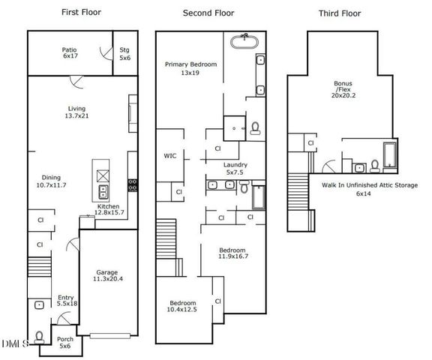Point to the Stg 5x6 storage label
tap(124, 53)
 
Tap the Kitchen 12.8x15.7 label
tap(109, 210)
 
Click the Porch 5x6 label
tap(66, 342)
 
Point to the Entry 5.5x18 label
tap(66, 301)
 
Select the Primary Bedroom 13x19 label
tap(190, 69)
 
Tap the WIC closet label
tap(170, 157)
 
